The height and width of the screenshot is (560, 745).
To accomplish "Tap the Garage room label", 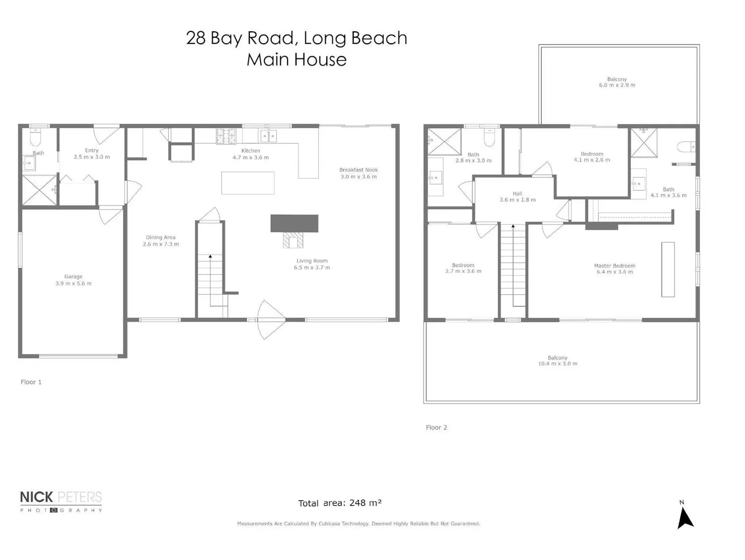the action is [x=74, y=277].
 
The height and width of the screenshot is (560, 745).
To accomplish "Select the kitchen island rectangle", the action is [x=248, y=183].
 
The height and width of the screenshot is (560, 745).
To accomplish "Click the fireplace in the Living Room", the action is [x=294, y=231].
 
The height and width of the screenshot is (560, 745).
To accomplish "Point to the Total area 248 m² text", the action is [x=340, y=503].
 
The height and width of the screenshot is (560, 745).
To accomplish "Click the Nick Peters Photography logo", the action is [x=61, y=501].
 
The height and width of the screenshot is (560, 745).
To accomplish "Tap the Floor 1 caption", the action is [x=31, y=382].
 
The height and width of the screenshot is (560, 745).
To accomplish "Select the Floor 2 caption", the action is [x=437, y=427].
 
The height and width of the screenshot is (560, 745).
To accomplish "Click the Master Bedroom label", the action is [x=615, y=266].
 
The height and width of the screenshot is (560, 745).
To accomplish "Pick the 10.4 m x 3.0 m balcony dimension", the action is [x=558, y=364].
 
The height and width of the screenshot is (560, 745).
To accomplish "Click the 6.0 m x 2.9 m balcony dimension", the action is [x=617, y=85].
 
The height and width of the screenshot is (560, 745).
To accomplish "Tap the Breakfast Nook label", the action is [x=359, y=170].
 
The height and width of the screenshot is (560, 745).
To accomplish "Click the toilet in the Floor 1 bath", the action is [x=36, y=137].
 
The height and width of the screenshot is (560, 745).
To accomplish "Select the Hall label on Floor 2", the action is [x=518, y=194].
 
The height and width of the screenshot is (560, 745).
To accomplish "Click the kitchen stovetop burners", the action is [x=226, y=136].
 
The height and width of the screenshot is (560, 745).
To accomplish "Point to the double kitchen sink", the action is [x=268, y=136].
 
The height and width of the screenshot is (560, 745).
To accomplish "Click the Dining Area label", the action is [x=160, y=238].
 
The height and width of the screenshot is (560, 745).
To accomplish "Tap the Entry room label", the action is [x=92, y=151].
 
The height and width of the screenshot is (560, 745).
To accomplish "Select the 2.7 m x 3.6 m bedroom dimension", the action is [x=463, y=271].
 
